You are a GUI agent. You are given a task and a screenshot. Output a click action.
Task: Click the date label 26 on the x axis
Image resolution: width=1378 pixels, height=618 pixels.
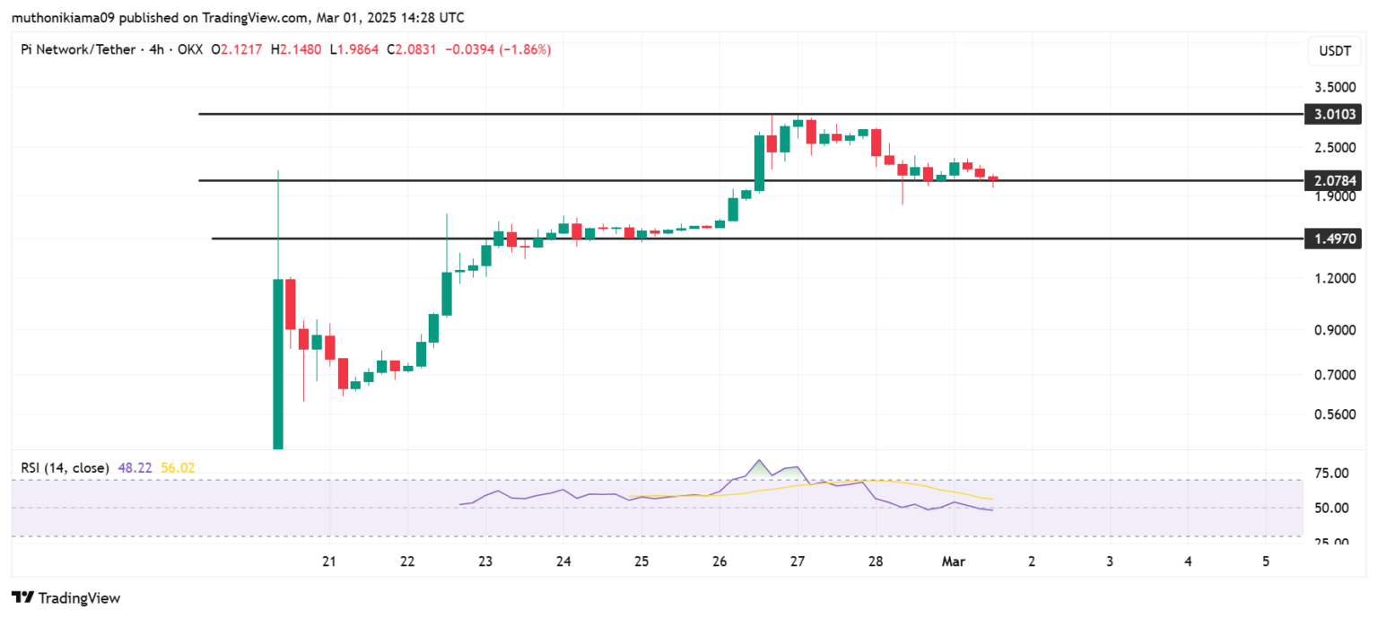pyautogui.click(x=720, y=561)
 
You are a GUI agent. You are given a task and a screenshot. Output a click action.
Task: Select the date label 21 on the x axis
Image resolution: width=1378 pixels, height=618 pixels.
pyautogui.click(x=329, y=561)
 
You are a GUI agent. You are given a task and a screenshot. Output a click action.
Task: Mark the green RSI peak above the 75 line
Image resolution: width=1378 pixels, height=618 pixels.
pyautogui.click(x=760, y=466)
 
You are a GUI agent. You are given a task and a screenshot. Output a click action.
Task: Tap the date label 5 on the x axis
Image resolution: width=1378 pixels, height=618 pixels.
pyautogui.click(x=1265, y=561)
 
